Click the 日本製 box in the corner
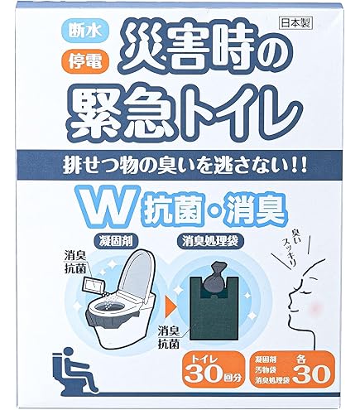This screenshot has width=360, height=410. coord(295,24)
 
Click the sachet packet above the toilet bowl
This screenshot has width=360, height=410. coord(94,288)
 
